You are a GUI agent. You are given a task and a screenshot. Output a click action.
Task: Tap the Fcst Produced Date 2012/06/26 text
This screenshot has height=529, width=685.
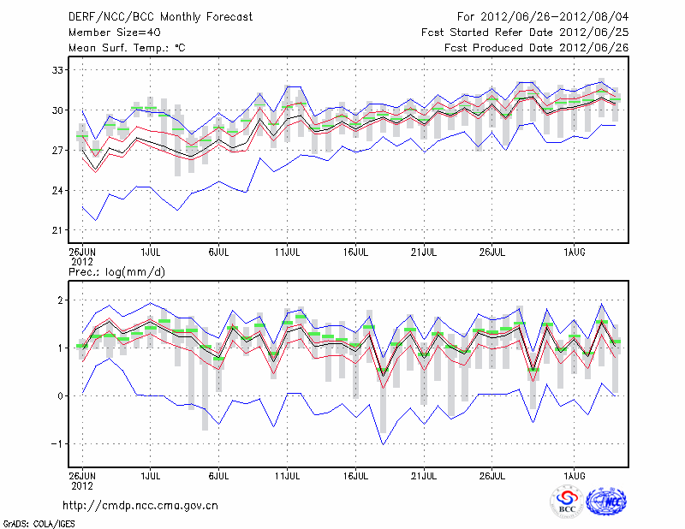(537, 48)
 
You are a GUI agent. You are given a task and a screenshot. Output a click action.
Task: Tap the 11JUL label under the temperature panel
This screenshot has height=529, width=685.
(287, 252)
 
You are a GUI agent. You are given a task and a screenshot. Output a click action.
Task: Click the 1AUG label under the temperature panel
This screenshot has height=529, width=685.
(575, 252)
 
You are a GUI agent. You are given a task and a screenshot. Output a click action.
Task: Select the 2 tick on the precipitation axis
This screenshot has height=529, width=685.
(60, 300)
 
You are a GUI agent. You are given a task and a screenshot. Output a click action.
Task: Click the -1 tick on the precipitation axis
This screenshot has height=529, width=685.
(57, 443)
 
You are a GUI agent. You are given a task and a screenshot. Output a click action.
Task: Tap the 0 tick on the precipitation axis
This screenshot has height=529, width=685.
(60, 395)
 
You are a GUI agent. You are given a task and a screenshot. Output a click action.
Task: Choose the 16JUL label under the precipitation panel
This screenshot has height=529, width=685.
(355, 473)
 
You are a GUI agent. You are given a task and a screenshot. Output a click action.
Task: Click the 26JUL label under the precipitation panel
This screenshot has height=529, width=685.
(491, 473)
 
